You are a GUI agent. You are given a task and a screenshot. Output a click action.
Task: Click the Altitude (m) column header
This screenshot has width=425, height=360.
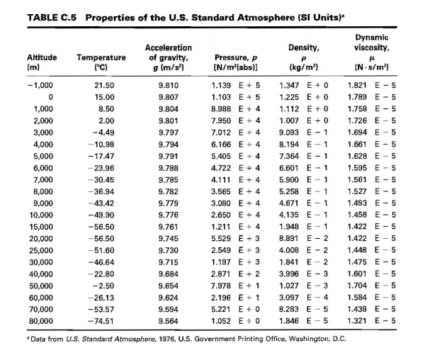point(42,62)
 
